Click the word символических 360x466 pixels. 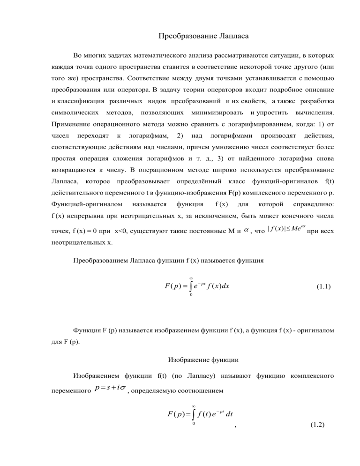[x=75, y=113]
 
